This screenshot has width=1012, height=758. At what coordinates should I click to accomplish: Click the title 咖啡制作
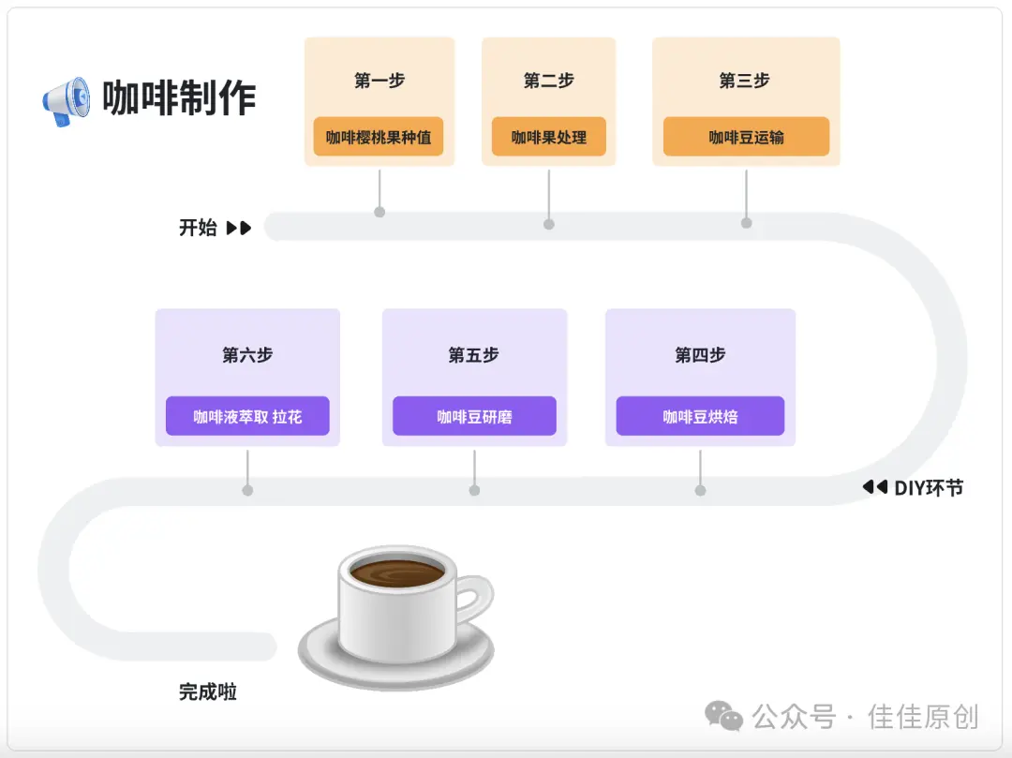pos(179,98)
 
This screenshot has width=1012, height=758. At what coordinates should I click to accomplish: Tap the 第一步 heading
pos(379,81)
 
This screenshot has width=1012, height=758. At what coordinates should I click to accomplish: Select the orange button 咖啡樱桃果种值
pos(379,137)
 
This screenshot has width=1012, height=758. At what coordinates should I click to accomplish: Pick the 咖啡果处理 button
pos(548,137)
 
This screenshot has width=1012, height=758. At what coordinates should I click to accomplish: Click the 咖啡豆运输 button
pos(746,137)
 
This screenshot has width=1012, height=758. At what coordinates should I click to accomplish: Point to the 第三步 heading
pos(744,81)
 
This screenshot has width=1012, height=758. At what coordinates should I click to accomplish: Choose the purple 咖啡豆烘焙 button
pos(700,416)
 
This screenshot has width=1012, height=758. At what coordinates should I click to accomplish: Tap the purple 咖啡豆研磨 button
pos(474,416)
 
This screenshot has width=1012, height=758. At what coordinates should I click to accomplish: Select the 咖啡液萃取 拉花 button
pos(247,416)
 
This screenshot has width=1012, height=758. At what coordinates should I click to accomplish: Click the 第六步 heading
pos(247,355)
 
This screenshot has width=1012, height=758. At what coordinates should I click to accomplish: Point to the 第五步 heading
pos(473,355)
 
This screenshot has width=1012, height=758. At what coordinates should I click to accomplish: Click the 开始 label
pos(198,228)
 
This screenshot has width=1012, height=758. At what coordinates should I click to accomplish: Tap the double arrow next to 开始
pos(239,228)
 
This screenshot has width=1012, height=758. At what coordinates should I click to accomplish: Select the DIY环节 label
pos(928,487)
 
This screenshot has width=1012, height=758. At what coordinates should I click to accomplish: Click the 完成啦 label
pos(208,692)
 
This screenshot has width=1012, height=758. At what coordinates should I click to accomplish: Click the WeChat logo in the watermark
pos(723,717)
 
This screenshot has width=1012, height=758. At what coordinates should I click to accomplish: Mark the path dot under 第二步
pos(549,224)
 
